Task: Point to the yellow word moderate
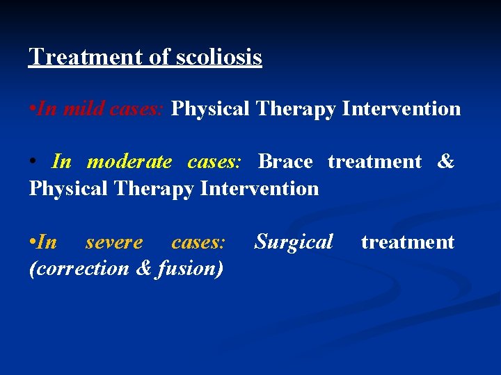point(129,162)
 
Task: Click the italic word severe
point(114,242)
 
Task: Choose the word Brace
point(285,162)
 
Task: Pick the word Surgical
point(294,242)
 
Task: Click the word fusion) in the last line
point(190,268)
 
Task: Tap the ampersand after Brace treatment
point(445,162)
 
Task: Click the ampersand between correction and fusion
point(143,268)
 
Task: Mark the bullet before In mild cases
point(32,109)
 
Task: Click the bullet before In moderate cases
point(33,162)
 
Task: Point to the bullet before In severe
point(32,242)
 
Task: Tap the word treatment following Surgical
point(407,242)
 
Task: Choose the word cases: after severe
point(198,242)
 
